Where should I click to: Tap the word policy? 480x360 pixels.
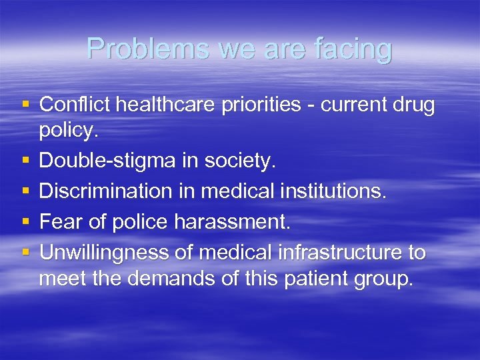click(x=69, y=130)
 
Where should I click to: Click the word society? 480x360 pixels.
click(x=239, y=161)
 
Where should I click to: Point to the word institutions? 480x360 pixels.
click(x=328, y=191)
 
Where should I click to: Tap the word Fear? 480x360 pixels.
click(x=60, y=222)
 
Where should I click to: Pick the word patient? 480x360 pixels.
click(x=316, y=278)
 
